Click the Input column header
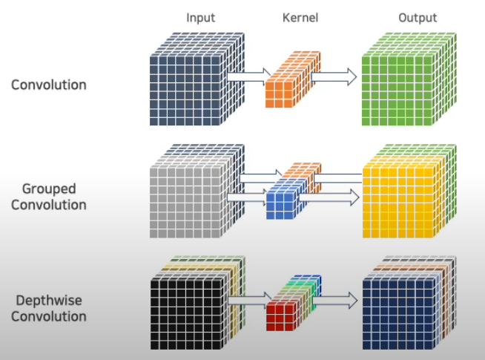(200, 17)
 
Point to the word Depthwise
(48, 301)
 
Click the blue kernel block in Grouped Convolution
(282, 203)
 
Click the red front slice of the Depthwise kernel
(282, 315)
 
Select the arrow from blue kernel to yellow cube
(330, 197)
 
